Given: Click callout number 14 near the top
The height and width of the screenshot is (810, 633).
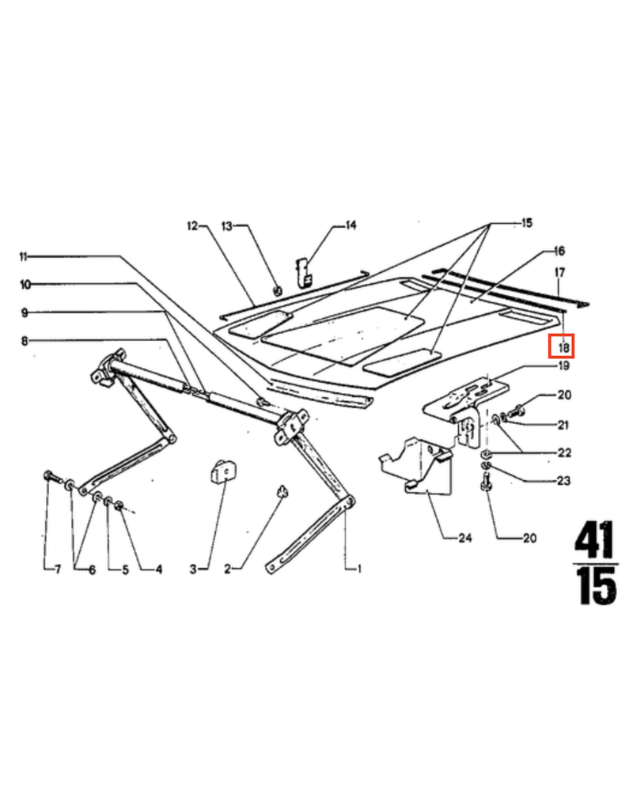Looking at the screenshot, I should [x=350, y=225].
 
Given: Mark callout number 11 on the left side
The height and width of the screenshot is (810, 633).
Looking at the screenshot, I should [x=23, y=257].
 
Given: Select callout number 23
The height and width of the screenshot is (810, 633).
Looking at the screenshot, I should [x=563, y=480].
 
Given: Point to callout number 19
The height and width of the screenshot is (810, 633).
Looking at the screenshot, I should [x=563, y=367].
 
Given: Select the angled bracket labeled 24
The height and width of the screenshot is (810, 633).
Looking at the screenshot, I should [x=415, y=467].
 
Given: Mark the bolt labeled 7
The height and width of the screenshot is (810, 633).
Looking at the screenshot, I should [x=50, y=476].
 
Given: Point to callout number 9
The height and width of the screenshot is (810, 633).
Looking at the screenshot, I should [x=24, y=312].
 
